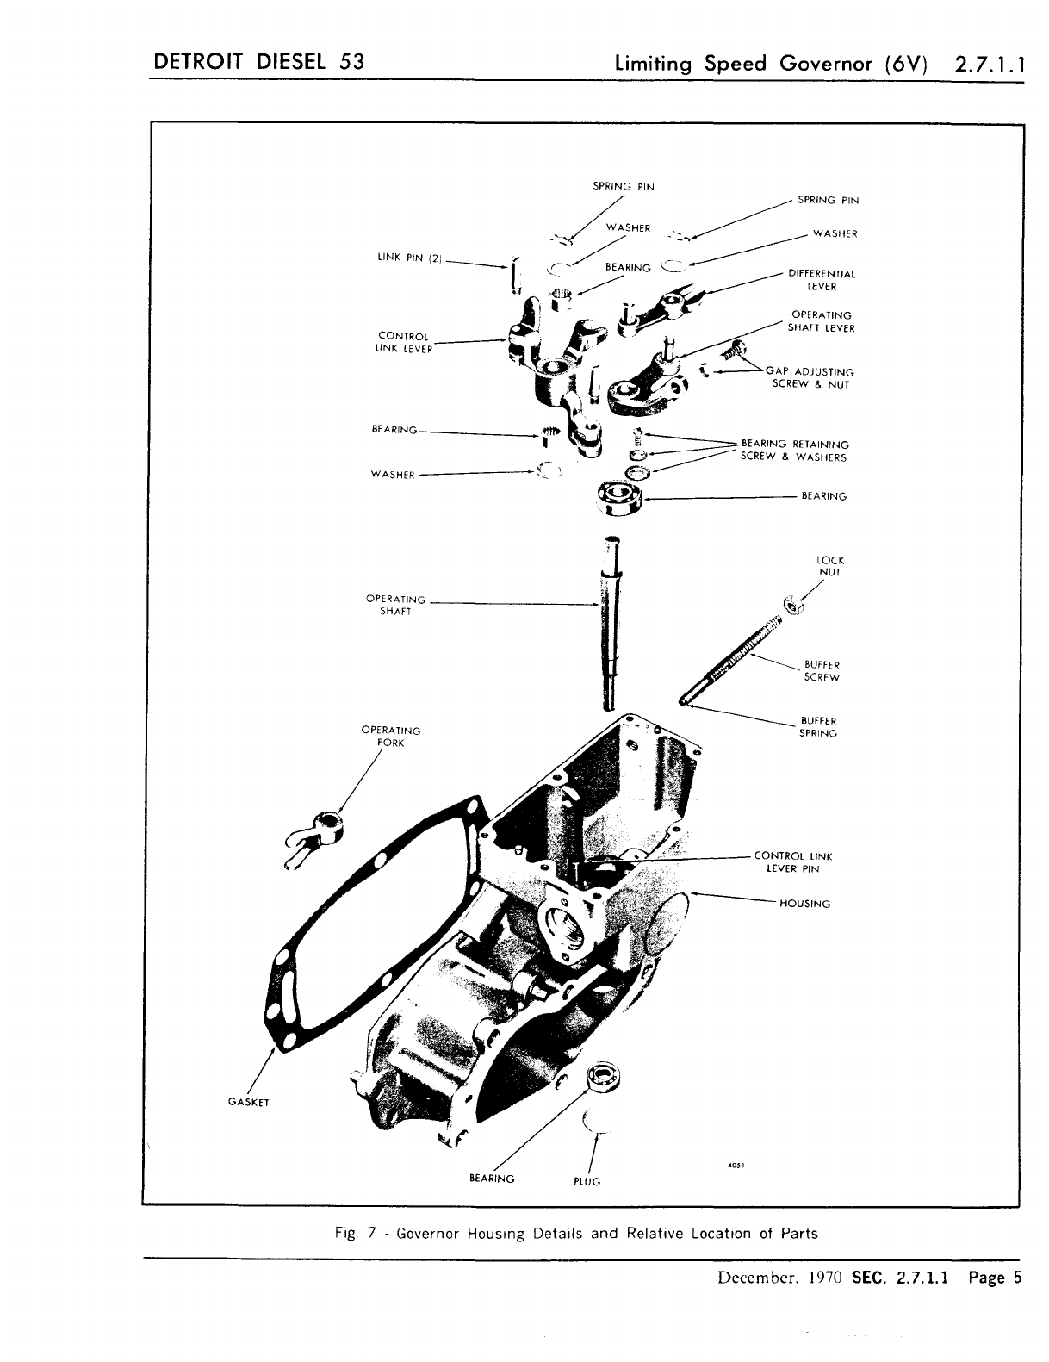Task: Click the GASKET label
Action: coord(249,1102)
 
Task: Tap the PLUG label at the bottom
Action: coord(587,1181)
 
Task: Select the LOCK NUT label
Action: coord(830,566)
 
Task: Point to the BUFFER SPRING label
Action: coord(818,726)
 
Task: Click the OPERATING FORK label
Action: coord(391,737)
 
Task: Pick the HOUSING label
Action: coord(804,904)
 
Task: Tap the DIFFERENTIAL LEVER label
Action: coord(822,280)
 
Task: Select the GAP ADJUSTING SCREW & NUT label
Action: coord(810,378)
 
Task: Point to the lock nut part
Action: coord(793,604)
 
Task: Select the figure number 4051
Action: coord(735,1166)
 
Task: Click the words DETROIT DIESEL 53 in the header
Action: coord(258,63)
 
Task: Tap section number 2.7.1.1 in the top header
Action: coord(988,65)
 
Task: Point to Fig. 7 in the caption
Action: coord(356,1233)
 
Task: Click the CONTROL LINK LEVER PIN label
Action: coord(793,862)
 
